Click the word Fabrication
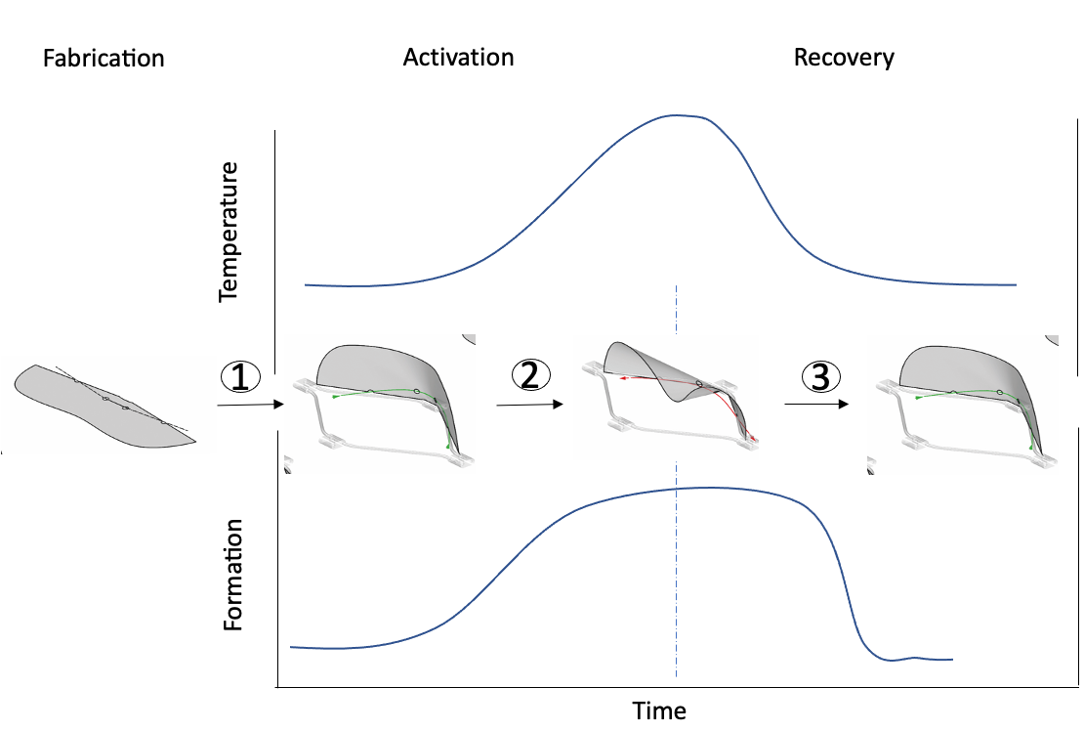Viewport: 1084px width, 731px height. (x=104, y=58)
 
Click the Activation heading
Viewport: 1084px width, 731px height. (x=458, y=58)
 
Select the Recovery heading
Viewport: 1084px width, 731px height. (x=844, y=58)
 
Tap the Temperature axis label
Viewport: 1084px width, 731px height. (x=229, y=232)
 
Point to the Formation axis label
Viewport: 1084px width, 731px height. (x=233, y=575)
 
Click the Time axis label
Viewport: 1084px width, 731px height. (x=659, y=710)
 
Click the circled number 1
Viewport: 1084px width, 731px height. (x=240, y=377)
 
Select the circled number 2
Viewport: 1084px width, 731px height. (x=530, y=375)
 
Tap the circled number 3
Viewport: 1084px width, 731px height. (x=820, y=377)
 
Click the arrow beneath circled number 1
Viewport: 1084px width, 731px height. (x=251, y=405)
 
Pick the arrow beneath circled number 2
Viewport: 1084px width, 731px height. (x=530, y=405)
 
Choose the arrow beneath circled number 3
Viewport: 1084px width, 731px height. (x=816, y=404)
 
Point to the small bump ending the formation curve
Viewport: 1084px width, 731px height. (x=915, y=657)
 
